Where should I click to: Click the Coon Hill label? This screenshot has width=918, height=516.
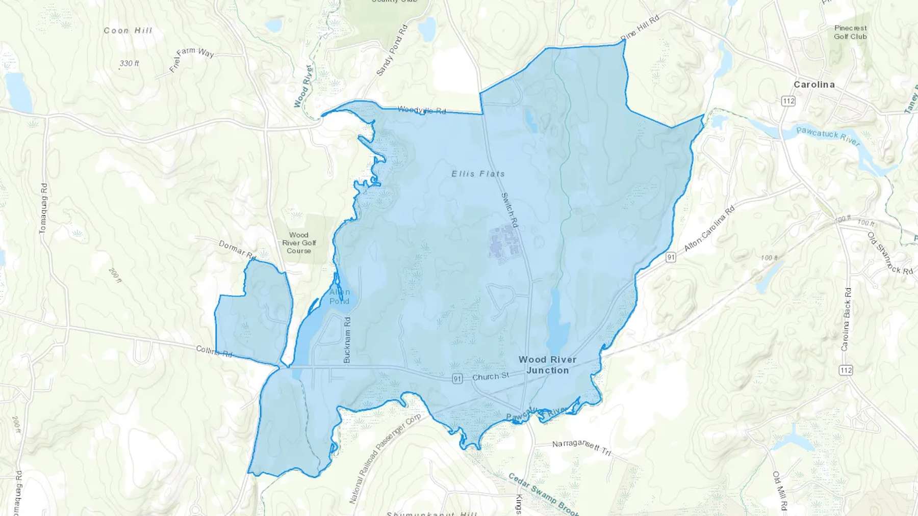tap(128, 31)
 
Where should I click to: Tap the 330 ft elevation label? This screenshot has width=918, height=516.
tap(130, 64)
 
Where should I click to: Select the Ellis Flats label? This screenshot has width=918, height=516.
tap(478, 174)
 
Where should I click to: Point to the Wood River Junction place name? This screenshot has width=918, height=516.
tap(547, 365)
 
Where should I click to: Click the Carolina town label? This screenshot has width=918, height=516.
tap(814, 85)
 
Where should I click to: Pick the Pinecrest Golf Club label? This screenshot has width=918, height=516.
tap(850, 32)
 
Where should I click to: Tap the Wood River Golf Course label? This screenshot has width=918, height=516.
tap(299, 242)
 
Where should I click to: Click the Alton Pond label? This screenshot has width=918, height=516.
tap(340, 296)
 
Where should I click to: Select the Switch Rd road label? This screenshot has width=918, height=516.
tap(509, 209)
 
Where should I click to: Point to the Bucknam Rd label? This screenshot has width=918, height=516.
tap(347, 340)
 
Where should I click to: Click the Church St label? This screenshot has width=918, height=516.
tap(491, 376)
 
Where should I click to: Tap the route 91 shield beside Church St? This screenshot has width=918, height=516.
tap(457, 379)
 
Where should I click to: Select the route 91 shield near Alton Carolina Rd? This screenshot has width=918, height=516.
tap(671, 257)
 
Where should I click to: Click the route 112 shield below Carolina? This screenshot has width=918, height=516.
tap(788, 101)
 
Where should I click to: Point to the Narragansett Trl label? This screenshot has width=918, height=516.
tap(581, 447)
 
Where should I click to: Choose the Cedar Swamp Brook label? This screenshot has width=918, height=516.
tap(544, 494)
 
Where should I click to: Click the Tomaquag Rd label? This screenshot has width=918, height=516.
tap(43, 208)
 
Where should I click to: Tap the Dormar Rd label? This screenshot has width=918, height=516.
tap(237, 249)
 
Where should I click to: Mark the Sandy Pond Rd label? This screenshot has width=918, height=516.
tap(392, 50)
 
